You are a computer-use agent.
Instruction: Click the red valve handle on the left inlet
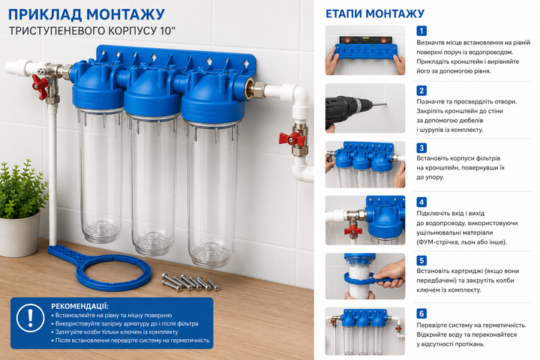pos(40,86)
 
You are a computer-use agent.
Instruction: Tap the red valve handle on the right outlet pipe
pos(292,139)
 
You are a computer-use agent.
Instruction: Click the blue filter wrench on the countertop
pos(100,268)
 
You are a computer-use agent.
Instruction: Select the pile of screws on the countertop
pos(190,282)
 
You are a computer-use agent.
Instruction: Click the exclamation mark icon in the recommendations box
pos(30,317)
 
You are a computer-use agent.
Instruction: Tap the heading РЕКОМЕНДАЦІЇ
pos(79,306)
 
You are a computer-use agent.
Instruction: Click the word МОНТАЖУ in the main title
pos(126,15)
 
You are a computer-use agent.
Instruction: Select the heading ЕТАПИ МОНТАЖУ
pos(375,13)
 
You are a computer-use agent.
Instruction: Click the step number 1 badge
pos(421,31)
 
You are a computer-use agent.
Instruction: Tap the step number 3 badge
pos(421,148)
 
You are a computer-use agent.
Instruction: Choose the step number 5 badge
pos(421,260)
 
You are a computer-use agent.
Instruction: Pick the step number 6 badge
pos(421,313)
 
